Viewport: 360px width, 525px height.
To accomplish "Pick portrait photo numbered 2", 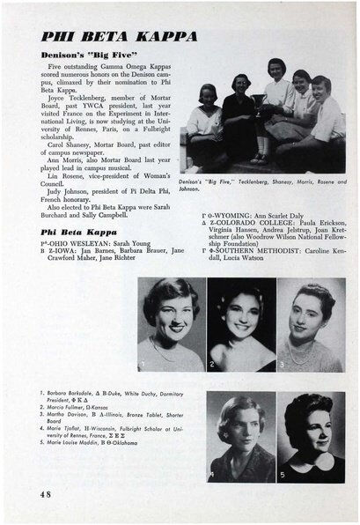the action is coord(238,323).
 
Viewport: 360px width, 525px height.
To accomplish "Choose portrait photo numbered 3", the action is coord(311,323).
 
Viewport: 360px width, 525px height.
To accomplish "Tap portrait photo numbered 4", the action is coord(238,437).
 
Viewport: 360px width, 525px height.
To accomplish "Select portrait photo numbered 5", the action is coord(311,437).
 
